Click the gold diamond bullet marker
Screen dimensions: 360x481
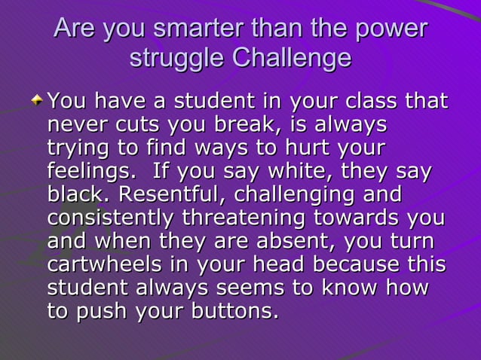(37, 100)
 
